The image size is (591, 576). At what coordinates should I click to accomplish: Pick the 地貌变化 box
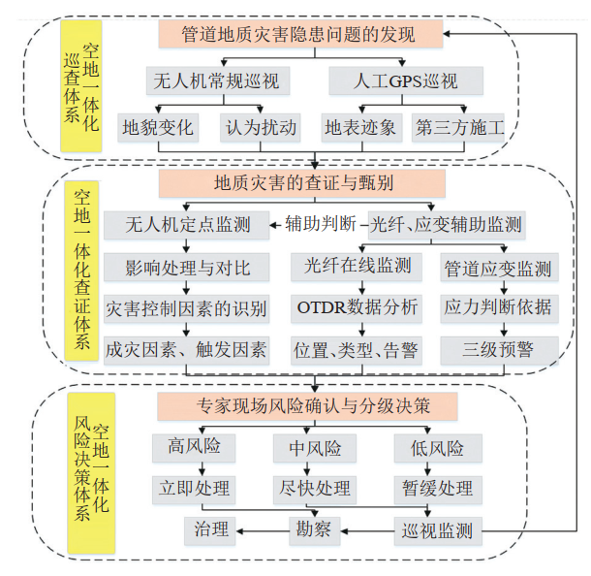pos(158,127)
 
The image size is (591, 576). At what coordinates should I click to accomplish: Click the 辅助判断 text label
pos(320,225)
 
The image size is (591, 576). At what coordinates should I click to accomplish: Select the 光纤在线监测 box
pos(357,266)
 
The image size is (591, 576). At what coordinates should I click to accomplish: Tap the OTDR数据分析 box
pos(357,307)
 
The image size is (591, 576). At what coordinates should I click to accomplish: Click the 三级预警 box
pos(498,349)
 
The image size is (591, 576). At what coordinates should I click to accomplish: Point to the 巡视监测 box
pos(438,529)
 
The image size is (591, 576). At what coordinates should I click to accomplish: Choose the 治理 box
pos(211,529)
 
